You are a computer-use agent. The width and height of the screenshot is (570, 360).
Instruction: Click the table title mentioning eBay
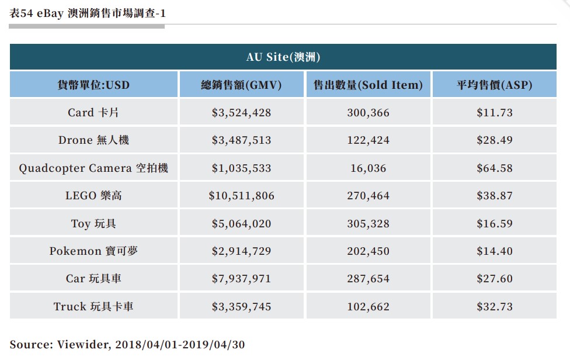coord(87,13)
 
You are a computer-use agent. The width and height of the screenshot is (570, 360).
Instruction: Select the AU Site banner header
coord(283,57)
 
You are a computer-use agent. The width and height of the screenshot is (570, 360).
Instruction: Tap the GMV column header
coord(241,85)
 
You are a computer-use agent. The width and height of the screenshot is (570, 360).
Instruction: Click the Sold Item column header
coord(368,85)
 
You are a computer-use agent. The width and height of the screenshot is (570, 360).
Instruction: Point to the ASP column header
coord(494,85)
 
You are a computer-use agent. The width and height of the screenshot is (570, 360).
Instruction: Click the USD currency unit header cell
coord(93,85)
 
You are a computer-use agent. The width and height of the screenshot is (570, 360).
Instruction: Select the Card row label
coord(93,113)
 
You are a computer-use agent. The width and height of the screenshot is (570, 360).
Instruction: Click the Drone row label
coord(93,140)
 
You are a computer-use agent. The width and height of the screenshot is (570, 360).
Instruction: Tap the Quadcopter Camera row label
coord(93,168)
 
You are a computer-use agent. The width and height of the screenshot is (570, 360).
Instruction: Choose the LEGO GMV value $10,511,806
coord(241,196)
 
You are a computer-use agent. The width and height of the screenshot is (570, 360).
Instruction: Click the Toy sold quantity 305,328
coord(368,224)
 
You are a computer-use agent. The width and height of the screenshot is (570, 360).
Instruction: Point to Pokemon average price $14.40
coord(494,251)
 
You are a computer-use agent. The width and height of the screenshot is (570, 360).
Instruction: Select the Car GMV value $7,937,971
coord(241,279)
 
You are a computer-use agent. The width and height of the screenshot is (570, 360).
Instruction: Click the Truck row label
coord(93,307)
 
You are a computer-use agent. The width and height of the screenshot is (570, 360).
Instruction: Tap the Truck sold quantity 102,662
coord(368,307)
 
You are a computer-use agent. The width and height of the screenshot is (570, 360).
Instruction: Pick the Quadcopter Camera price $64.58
coord(494,168)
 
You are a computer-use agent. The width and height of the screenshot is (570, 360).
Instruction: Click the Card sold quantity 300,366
coord(368,113)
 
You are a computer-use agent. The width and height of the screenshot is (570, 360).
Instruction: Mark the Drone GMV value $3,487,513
coord(241,140)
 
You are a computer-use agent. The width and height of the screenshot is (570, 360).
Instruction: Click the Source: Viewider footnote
coord(127,344)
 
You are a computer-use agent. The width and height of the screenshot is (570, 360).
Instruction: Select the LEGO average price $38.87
coord(494,196)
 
